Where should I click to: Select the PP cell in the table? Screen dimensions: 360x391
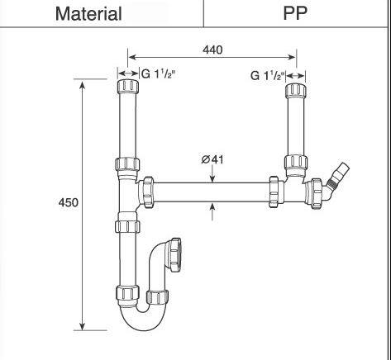(x=295, y=14)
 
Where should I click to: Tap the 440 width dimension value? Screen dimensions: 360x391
(x=212, y=50)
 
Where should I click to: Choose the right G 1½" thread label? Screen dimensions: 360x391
(x=265, y=75)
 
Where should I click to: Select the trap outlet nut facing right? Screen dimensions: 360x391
(x=176, y=248)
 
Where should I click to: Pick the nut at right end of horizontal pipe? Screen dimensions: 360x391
(x=275, y=192)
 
